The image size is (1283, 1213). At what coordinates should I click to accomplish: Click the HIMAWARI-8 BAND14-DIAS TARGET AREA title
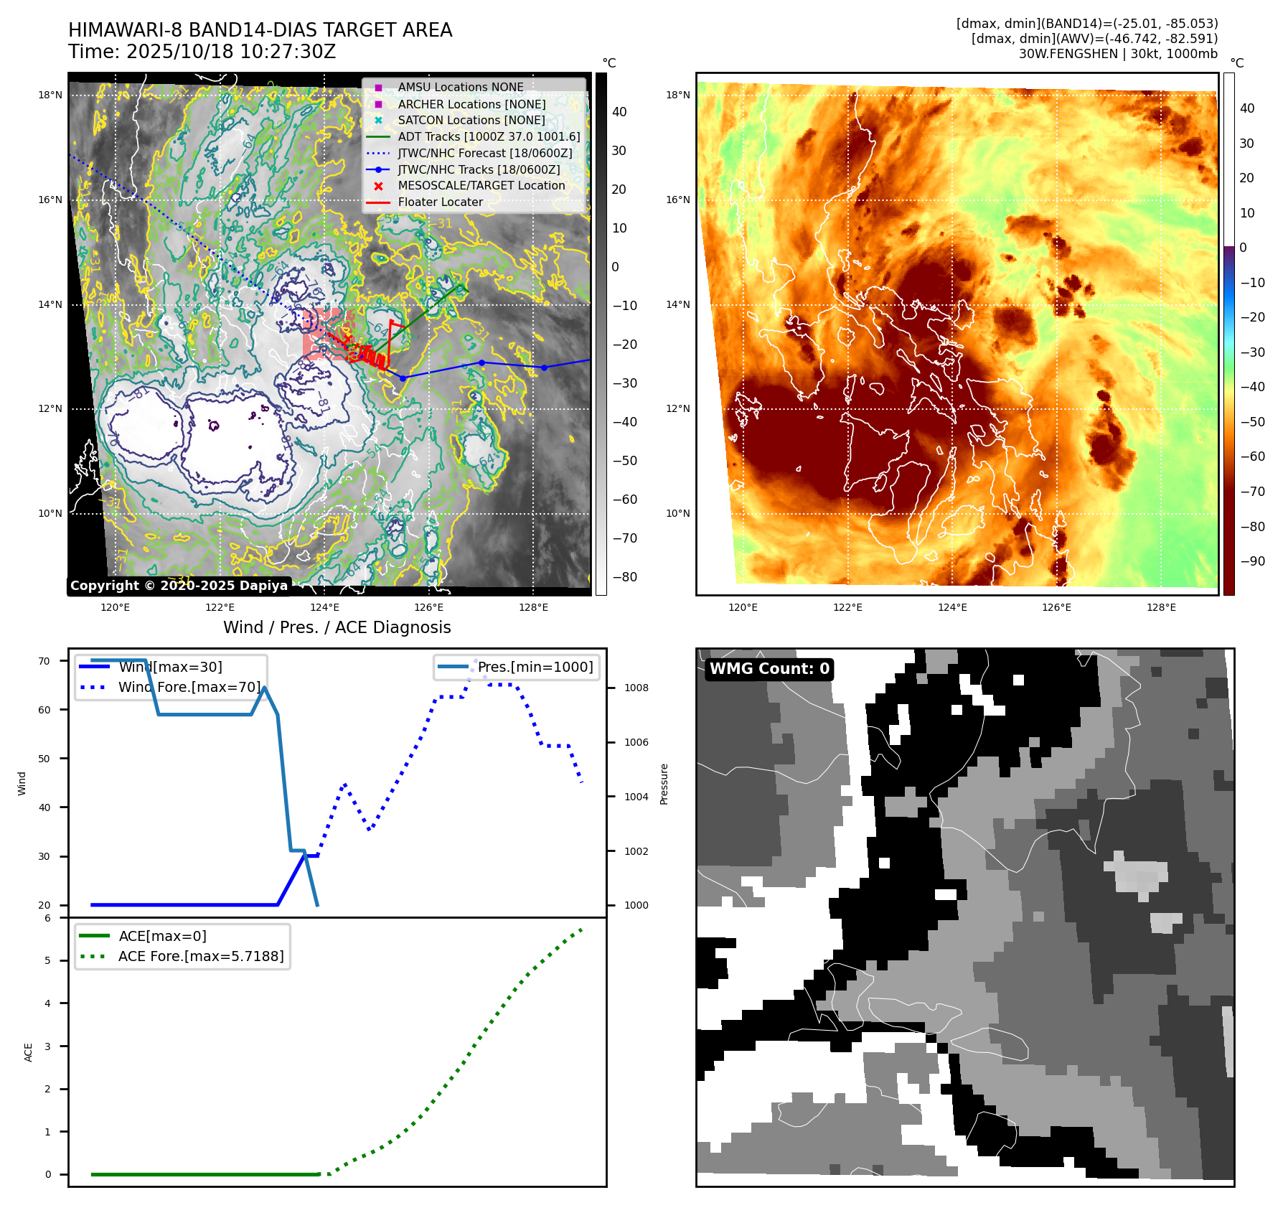[260, 30]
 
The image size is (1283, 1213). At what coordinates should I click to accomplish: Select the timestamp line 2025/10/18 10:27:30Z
[202, 52]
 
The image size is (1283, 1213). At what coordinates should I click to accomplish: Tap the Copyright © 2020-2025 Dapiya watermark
[179, 586]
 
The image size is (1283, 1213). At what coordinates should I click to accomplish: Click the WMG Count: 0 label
[769, 669]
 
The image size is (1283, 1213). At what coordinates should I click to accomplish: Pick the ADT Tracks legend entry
[489, 136]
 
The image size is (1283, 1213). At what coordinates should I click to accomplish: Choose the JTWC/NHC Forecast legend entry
[484, 153]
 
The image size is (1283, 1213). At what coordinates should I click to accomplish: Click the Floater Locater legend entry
[440, 202]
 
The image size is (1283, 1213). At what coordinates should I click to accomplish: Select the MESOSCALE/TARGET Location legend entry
[481, 185]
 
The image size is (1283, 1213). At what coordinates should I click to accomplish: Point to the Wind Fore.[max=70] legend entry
[189, 687]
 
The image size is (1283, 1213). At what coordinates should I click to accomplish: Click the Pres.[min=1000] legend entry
[535, 667]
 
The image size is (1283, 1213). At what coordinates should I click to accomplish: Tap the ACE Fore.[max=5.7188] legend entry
[201, 956]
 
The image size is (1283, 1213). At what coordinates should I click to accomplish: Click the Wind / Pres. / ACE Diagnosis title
[337, 627]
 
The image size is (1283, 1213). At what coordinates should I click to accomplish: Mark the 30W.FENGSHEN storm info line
[1118, 54]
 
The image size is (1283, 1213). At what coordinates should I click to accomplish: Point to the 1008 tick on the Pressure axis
[636, 688]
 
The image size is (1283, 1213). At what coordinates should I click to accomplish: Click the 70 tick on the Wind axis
[44, 661]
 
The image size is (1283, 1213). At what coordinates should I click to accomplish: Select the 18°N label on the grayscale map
[50, 95]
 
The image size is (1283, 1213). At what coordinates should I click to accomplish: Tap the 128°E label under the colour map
[1161, 607]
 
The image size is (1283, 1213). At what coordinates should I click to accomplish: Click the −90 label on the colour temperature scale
[1252, 561]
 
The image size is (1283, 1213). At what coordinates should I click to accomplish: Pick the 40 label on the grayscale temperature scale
[619, 112]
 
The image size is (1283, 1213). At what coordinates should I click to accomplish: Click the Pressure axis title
[664, 784]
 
